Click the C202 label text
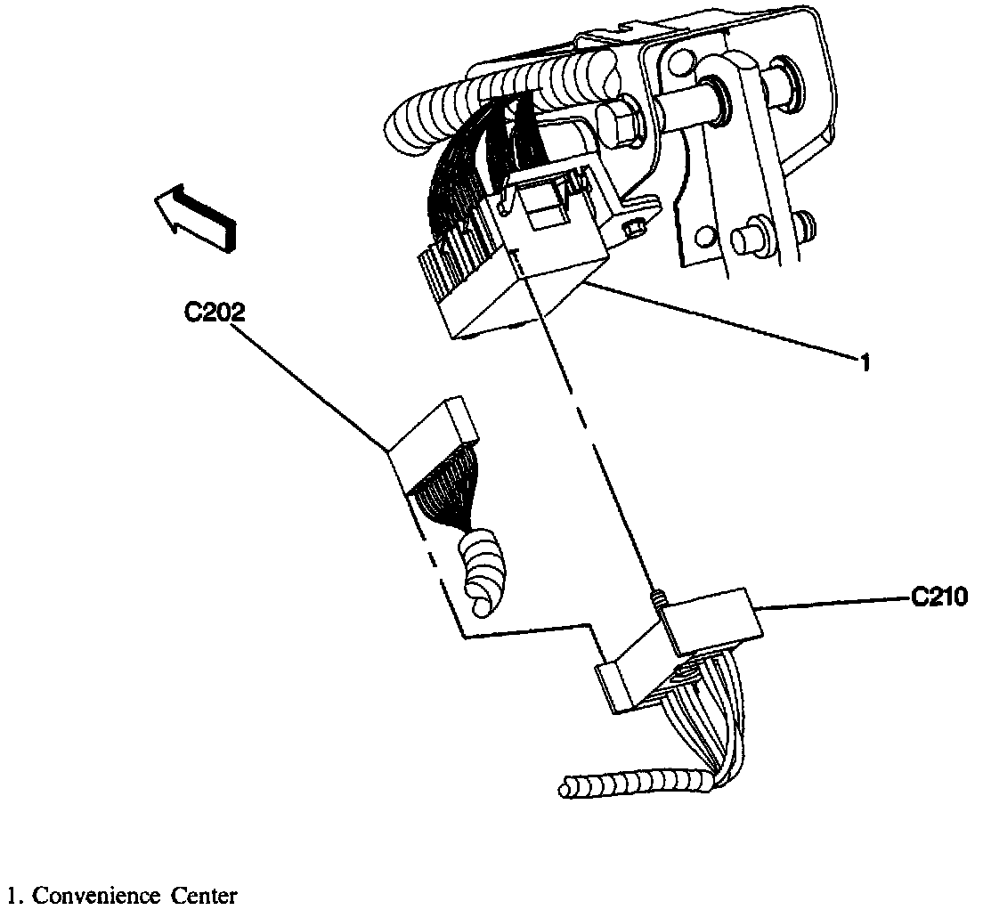pyautogui.click(x=215, y=313)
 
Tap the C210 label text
pyautogui.click(x=939, y=597)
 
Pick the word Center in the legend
pyautogui.click(x=206, y=895)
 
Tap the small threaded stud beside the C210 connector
pyautogui.click(x=657, y=599)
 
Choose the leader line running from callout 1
pyautogui.click(x=721, y=321)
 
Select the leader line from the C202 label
pyautogui.click(x=312, y=387)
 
